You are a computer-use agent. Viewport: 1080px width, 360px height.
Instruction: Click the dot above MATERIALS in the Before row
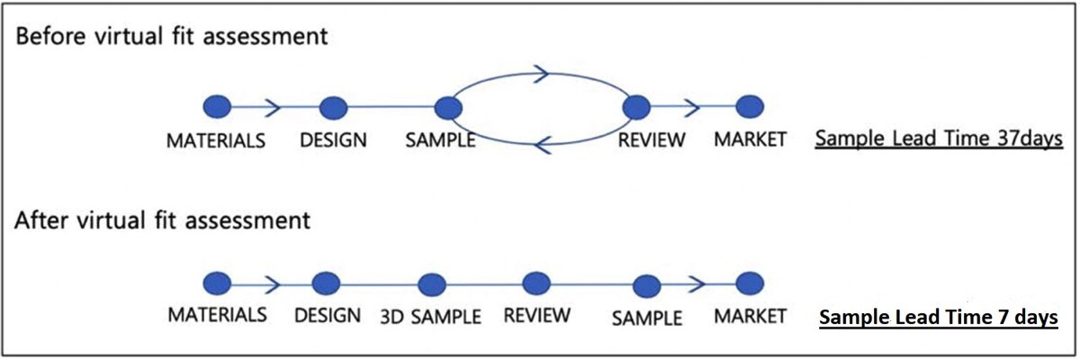click(x=217, y=107)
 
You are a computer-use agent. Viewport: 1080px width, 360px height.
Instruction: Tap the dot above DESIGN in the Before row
click(x=333, y=107)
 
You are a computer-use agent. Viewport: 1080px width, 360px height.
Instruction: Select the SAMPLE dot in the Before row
click(x=447, y=108)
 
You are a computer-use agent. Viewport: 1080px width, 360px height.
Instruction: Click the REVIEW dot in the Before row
click(x=636, y=108)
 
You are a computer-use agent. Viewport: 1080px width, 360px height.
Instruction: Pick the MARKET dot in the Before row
click(x=749, y=107)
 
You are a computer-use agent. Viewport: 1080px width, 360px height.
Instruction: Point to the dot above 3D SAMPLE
click(x=431, y=284)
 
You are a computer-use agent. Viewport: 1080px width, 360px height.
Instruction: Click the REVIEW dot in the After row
click(x=536, y=283)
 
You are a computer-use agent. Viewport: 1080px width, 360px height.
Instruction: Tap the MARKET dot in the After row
click(x=749, y=283)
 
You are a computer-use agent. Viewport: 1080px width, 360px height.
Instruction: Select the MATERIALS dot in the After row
click(x=217, y=283)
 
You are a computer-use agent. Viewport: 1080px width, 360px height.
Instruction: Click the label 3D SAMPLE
click(x=430, y=317)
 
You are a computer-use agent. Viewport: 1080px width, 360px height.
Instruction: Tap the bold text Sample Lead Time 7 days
click(x=938, y=318)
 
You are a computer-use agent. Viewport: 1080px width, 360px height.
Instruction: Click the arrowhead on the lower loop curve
click(x=542, y=142)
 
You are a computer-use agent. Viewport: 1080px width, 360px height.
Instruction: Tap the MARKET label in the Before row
click(x=750, y=139)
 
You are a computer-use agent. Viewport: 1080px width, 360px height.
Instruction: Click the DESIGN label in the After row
click(x=328, y=316)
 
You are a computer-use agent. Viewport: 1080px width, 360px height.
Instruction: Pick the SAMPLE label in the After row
click(x=645, y=318)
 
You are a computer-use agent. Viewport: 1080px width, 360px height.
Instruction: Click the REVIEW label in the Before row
click(x=652, y=139)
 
